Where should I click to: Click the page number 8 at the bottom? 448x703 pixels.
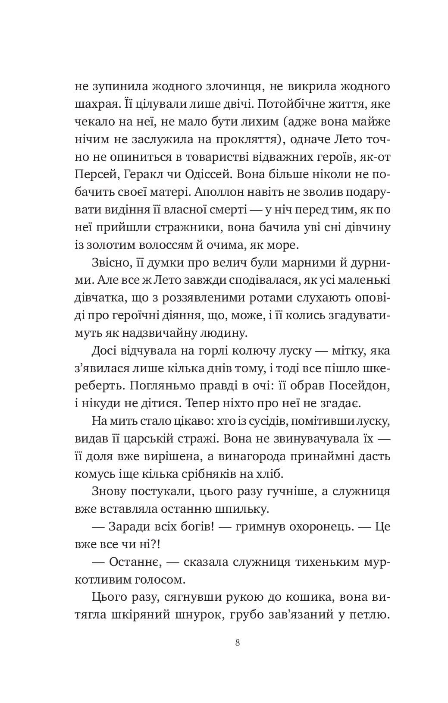[x=238, y=642]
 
